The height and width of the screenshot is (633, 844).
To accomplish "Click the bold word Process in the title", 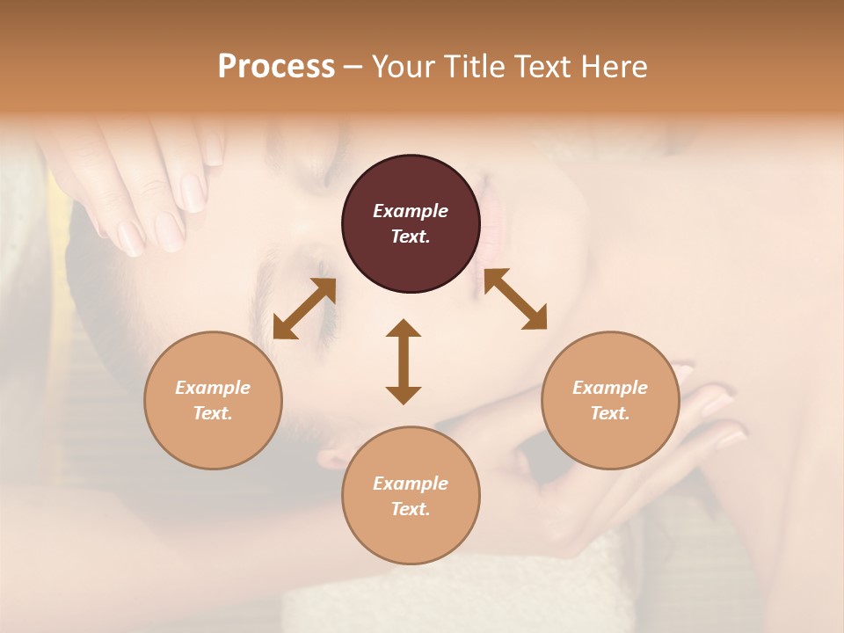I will point(276,67).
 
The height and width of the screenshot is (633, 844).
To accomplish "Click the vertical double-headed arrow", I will point(404,361).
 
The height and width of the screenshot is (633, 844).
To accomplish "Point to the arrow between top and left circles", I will point(304,309).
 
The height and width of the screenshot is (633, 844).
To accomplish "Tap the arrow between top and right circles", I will point(515,299).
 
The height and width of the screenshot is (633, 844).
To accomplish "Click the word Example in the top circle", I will point(411,211).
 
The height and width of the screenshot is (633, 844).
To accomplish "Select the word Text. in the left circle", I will point(213,413).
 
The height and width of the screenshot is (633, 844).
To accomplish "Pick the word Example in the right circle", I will point(610,388).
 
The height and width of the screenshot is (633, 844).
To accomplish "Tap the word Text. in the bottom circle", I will point(411,509).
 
